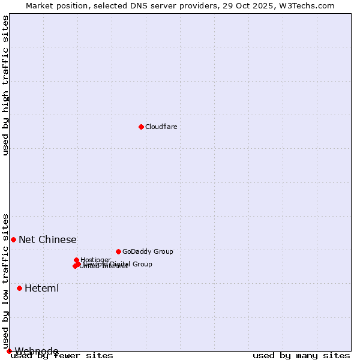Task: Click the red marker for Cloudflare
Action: coord(141,127)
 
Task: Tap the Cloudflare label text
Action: coord(161,127)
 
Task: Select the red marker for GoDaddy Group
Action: coord(118,251)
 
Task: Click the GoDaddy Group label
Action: coord(148,251)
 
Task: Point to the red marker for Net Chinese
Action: coord(13,239)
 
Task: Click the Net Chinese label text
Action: coord(47,239)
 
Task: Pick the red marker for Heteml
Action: coord(19,288)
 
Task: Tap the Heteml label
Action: coord(41,288)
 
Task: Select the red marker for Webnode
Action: coord(9,351)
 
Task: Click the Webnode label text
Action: coord(37,351)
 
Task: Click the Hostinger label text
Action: coord(95,260)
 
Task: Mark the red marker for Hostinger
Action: coord(76,260)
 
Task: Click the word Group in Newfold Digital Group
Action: coord(142,264)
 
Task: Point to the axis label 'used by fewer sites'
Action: coord(62,355)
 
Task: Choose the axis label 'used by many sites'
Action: coord(301,355)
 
